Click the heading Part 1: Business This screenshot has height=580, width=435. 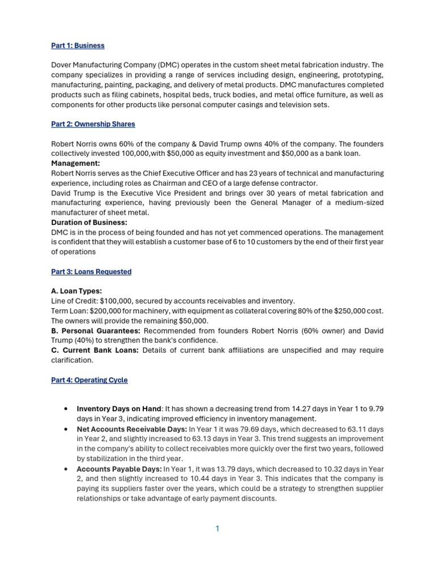78,45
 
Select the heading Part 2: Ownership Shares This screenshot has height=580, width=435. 93,123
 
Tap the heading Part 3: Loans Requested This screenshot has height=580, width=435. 91,272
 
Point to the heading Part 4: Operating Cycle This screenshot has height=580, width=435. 89,380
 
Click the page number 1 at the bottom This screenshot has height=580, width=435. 217,528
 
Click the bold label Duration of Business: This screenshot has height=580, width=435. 89,223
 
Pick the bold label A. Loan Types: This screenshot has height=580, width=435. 76,291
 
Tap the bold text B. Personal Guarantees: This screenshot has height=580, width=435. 96,331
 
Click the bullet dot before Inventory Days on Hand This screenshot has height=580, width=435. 67,409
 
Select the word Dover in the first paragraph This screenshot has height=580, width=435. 62,65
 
